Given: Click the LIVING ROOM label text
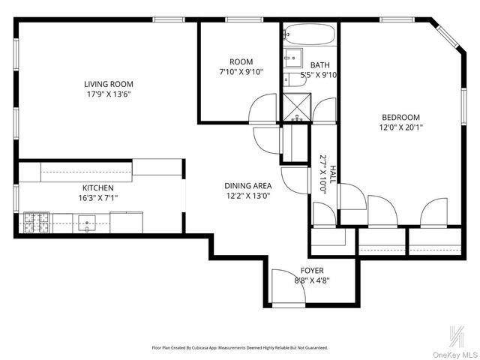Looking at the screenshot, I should point(108,84).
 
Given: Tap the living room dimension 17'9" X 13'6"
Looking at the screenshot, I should point(108,94).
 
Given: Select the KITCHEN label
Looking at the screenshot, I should point(98,187).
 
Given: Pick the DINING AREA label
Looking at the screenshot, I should point(247,185).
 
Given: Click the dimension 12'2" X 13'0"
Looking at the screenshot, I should point(247,196).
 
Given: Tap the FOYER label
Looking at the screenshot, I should point(312,270).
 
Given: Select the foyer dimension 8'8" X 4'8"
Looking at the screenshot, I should point(312,280).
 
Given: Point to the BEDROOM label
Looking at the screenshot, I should point(400,117).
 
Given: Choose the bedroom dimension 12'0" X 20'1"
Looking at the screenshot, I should point(400,127).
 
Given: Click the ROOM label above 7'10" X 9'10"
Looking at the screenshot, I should point(241,61).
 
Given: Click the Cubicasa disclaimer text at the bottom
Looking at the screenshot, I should point(240,348).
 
